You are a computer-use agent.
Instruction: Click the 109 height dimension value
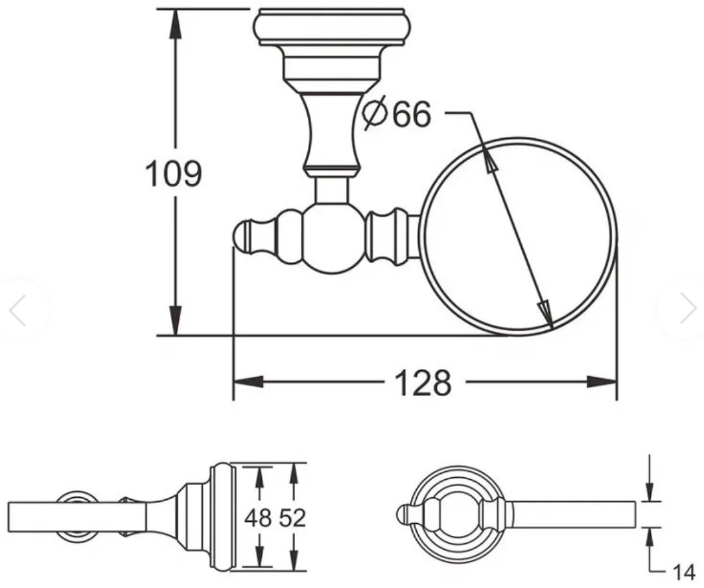click(x=173, y=174)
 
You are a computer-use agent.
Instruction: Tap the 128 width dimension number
click(x=423, y=383)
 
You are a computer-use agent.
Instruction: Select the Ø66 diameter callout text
click(x=397, y=114)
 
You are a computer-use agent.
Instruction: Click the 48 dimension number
click(x=258, y=518)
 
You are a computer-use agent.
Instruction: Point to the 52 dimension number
click(x=292, y=518)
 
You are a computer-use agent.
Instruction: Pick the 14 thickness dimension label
click(x=683, y=572)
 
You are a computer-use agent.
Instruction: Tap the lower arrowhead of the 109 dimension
click(x=176, y=320)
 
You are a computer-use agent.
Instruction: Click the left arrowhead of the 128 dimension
click(x=248, y=382)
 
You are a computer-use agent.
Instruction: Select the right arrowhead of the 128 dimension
click(x=602, y=382)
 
